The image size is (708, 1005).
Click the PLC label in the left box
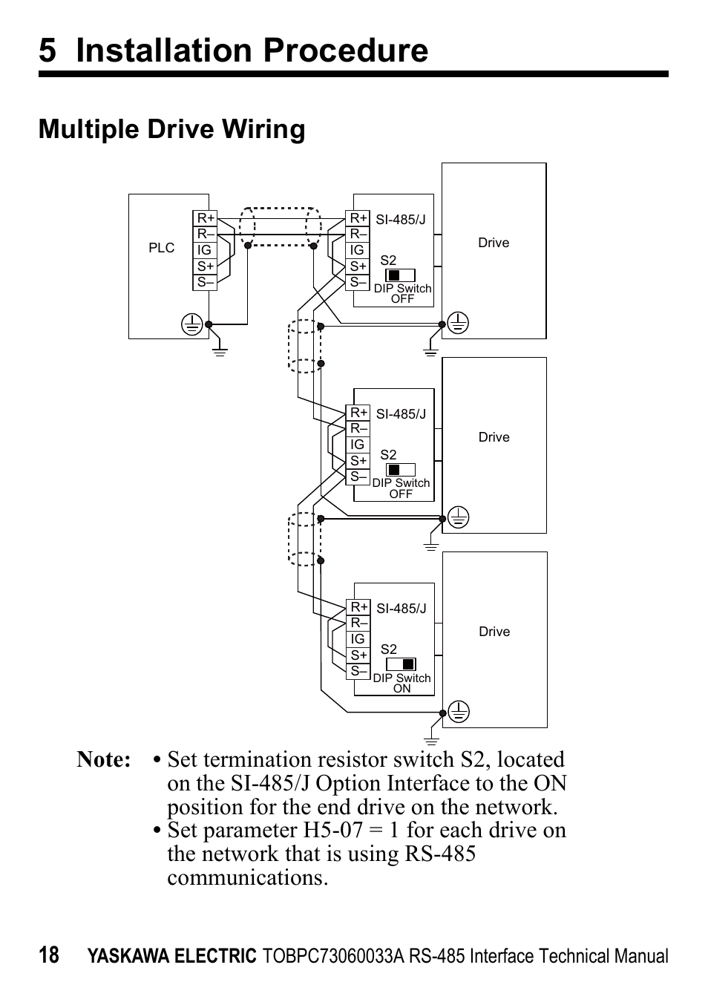click(x=161, y=248)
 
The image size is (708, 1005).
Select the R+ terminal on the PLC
click(x=205, y=218)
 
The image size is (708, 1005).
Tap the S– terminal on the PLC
click(x=205, y=282)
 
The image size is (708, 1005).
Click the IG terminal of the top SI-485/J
click(x=357, y=250)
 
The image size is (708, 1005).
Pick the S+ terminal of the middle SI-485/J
click(x=358, y=461)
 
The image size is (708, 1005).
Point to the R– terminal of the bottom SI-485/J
click(x=358, y=623)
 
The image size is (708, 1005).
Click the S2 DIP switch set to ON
click(x=401, y=664)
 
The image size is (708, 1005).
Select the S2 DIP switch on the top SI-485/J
click(x=401, y=275)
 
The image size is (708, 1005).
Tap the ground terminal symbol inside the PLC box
click(x=192, y=324)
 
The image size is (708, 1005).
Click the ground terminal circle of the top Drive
click(x=459, y=323)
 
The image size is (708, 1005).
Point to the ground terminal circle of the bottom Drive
click(x=459, y=712)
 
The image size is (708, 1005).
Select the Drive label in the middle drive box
click(x=494, y=437)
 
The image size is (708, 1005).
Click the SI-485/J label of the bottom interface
click(x=401, y=609)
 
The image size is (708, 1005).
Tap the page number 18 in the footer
click(x=49, y=955)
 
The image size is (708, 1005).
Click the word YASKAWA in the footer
click(x=128, y=957)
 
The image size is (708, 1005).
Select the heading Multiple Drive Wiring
click(x=171, y=129)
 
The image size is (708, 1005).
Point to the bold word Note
click(x=103, y=760)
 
